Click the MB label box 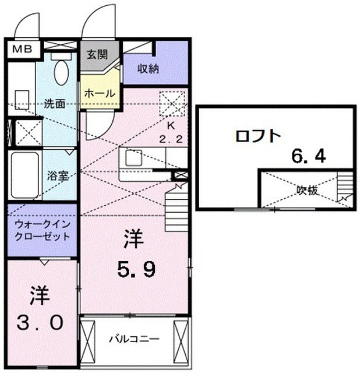pyautogui.click(x=23, y=49)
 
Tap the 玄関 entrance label pyautogui.click(x=97, y=55)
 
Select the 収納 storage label pyautogui.click(x=149, y=69)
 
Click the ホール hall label pyautogui.click(x=100, y=93)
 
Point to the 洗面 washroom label pyautogui.click(x=55, y=104)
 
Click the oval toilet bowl pyautogui.click(x=61, y=72)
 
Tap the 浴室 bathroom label pyautogui.click(x=58, y=176)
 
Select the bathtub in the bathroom pyautogui.click(x=24, y=175)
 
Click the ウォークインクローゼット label pyautogui.click(x=43, y=231)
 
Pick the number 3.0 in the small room pyautogui.click(x=40, y=323)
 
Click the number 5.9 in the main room pyautogui.click(x=137, y=269)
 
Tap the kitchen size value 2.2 pyautogui.click(x=171, y=139)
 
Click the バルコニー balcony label pyautogui.click(x=134, y=339)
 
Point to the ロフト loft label pyautogui.click(x=258, y=136)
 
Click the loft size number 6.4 pyautogui.click(x=309, y=157)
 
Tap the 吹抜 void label pyautogui.click(x=307, y=191)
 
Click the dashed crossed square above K pyautogui.click(x=172, y=104)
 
